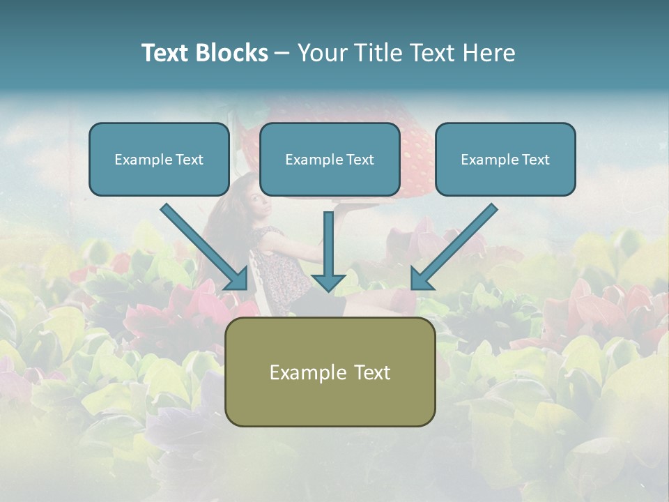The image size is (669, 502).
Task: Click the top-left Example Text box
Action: coord(159,160)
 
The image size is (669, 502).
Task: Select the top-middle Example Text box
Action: coord(330,160)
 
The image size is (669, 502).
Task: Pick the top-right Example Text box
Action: coord(505,160)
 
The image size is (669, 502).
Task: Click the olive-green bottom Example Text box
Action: coord(330,372)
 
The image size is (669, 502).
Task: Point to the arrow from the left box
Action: coord(202,245)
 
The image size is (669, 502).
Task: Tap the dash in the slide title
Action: coord(282,53)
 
